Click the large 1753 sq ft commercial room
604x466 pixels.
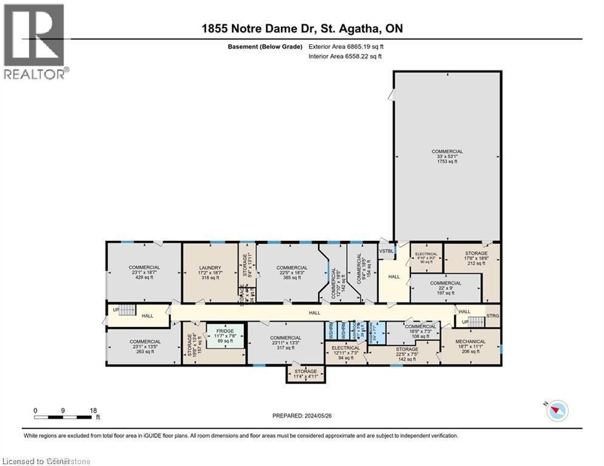[x=447, y=158]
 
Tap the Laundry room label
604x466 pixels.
[x=210, y=272]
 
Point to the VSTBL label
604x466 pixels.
[x=385, y=251]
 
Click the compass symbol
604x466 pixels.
[x=557, y=411]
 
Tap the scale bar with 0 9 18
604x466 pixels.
[x=66, y=417]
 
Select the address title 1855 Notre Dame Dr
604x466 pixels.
[x=302, y=29]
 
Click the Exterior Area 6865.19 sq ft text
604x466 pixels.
[x=347, y=46]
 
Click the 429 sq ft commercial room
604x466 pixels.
[x=144, y=272]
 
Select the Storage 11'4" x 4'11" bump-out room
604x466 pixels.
[x=305, y=374]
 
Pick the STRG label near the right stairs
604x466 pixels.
[x=493, y=316]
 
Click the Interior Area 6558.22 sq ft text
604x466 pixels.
[x=345, y=56]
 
